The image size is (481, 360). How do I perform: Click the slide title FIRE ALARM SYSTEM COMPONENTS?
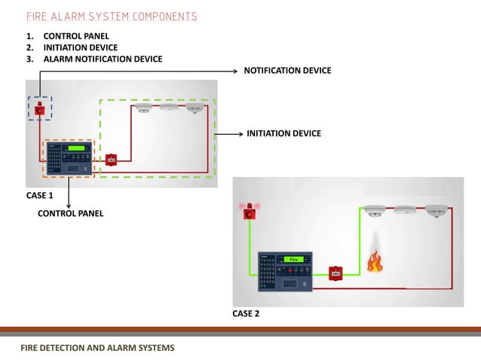pos(112,17)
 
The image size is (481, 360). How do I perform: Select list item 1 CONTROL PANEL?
pos(75,35)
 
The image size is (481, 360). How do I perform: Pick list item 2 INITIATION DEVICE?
pos(80,47)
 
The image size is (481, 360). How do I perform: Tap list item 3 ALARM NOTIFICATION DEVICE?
pos(103,59)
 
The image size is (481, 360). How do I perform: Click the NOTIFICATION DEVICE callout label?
pos(287,70)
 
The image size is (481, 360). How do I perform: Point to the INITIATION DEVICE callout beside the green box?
pos(283,133)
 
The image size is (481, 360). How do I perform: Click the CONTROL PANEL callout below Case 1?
pos(70,213)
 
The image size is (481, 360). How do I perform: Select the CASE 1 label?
pos(40,195)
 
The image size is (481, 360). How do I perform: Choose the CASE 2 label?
pos(246,313)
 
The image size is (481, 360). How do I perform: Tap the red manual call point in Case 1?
pos(111,159)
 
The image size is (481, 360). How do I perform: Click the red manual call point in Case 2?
pos(336,272)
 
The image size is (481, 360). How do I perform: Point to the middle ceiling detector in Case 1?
pos(168,108)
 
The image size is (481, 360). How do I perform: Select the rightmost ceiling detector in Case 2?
pos(436,210)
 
